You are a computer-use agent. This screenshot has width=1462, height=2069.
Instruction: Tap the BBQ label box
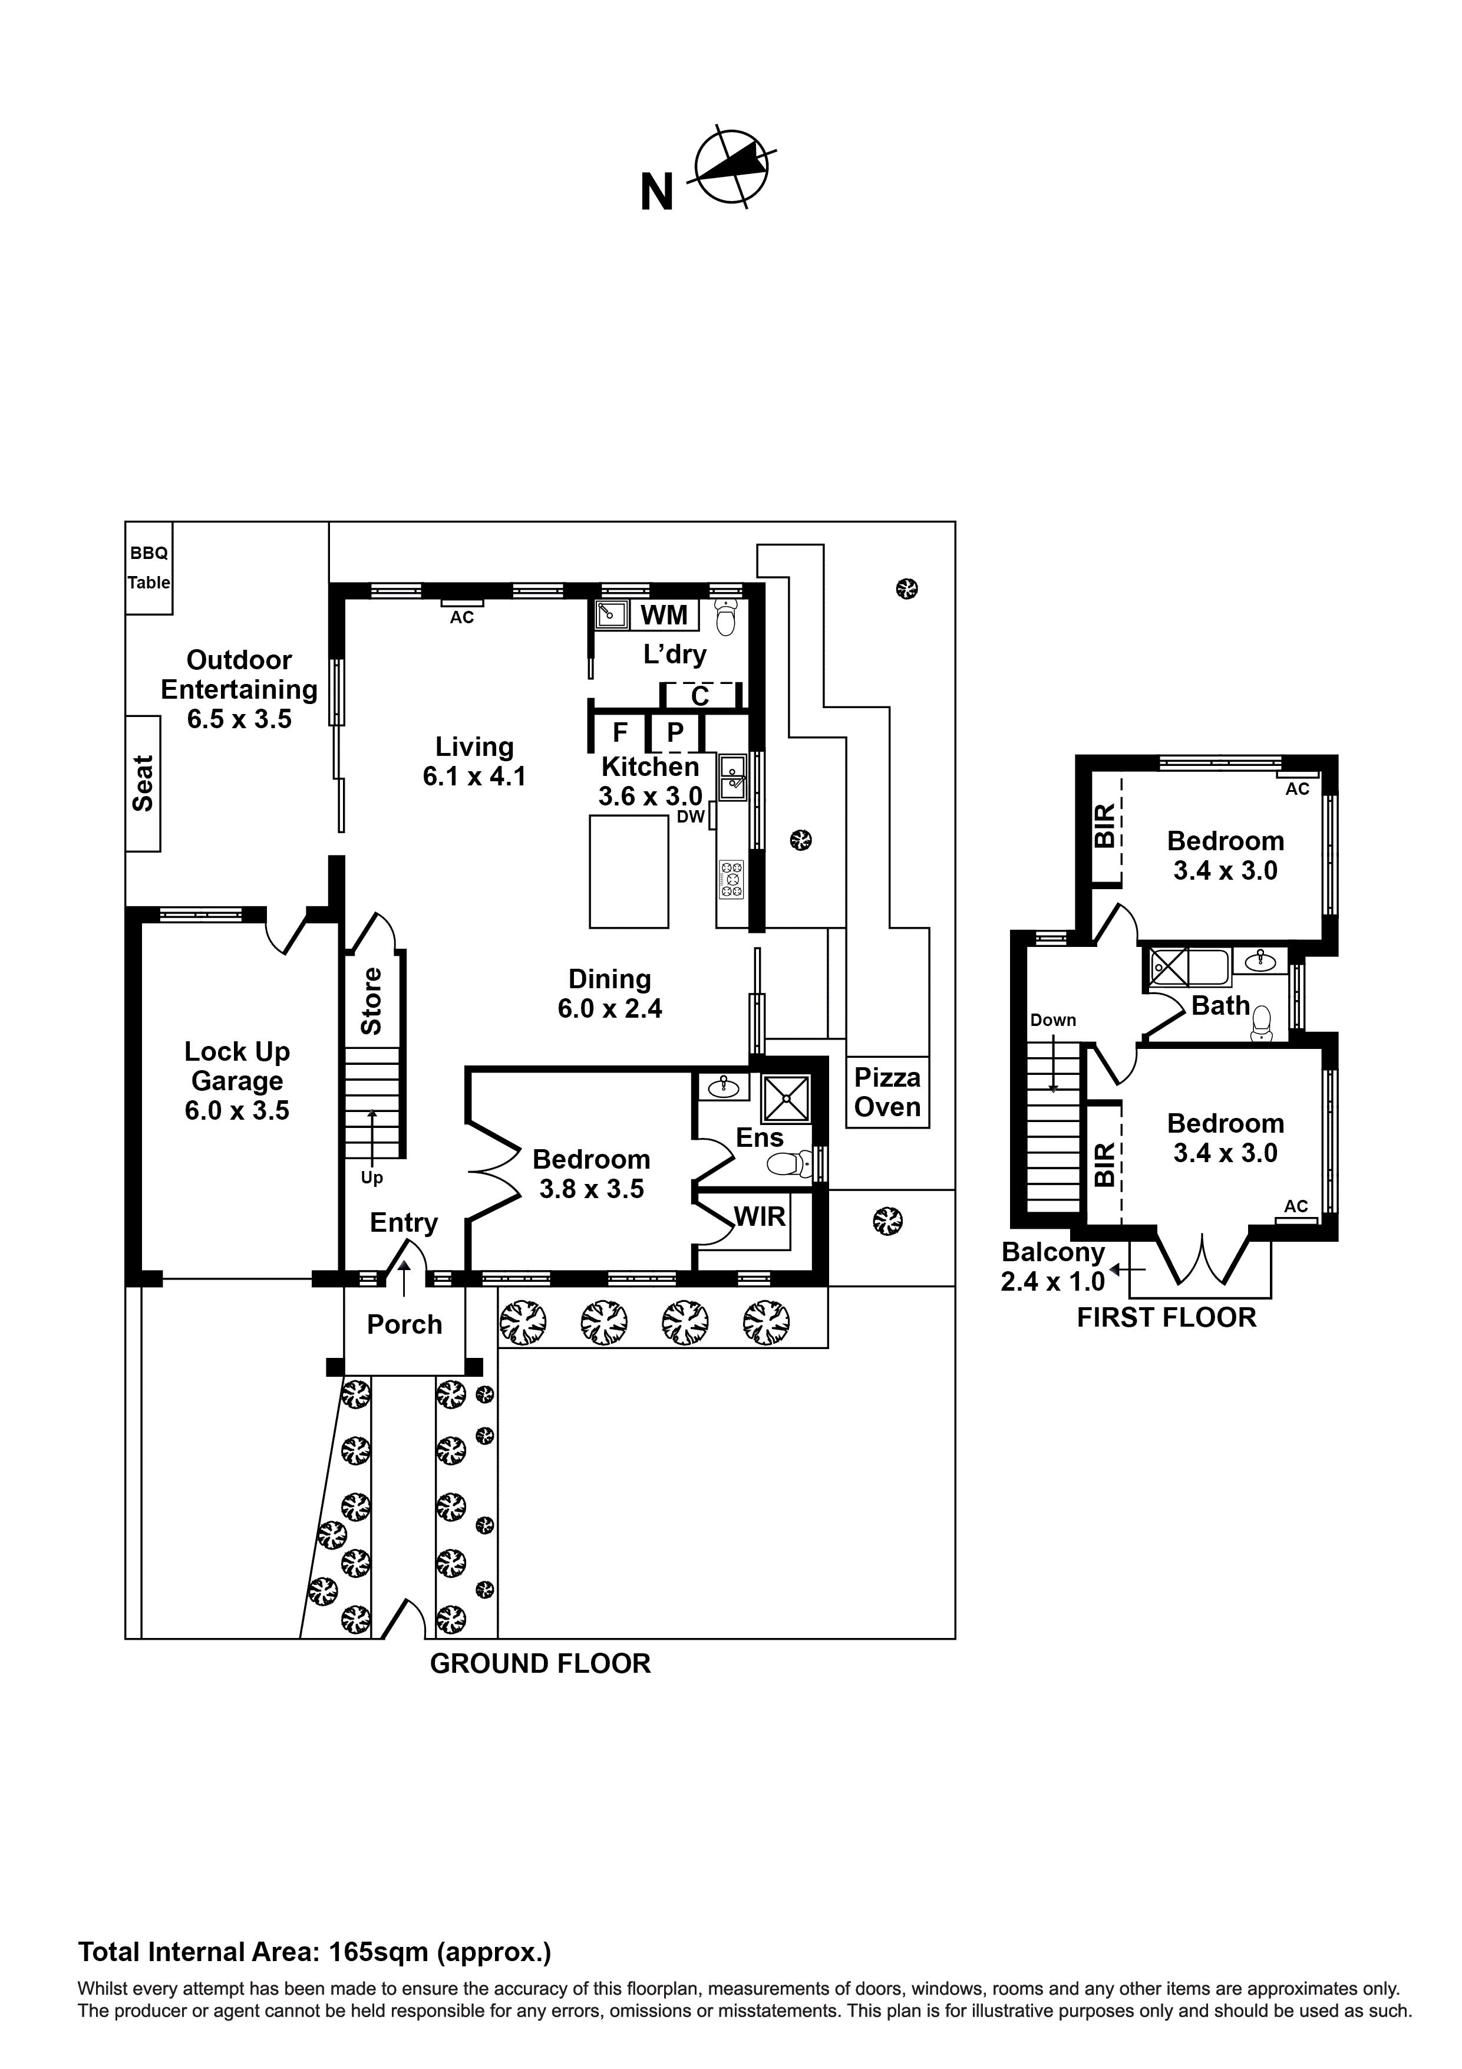pos(148,553)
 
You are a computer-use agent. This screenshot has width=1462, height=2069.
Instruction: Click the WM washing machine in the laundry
pos(664,616)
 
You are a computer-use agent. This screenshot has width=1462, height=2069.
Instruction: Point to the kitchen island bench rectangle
pos(629,871)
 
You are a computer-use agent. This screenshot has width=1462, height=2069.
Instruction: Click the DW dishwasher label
pos(691,817)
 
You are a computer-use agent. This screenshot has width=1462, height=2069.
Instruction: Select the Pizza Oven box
pos(887,1092)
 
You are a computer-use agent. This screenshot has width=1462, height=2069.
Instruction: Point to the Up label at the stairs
pos(372,1178)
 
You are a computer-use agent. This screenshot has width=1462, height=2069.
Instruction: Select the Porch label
pos(404,1325)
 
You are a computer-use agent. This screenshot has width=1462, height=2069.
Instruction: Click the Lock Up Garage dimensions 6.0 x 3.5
pos(237,1110)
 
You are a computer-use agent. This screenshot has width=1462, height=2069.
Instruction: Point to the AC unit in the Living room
pos(462,603)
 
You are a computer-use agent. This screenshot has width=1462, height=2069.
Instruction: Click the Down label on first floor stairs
pos(1053,1020)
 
